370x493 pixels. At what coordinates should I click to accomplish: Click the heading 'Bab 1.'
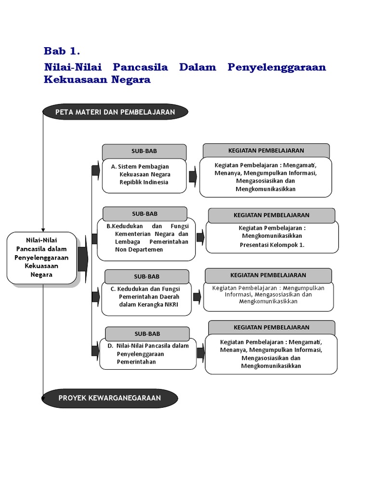click(62, 51)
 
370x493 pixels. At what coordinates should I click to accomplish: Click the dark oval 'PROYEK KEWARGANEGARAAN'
click(110, 398)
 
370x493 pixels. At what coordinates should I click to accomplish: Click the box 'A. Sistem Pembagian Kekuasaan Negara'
click(144, 175)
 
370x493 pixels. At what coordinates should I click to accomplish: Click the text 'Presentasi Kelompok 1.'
click(272, 245)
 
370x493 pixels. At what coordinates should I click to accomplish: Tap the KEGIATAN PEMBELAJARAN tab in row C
click(268, 275)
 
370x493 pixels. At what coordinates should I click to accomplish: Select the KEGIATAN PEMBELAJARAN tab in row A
click(266, 150)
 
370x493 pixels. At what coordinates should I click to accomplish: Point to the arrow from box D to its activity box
click(200, 352)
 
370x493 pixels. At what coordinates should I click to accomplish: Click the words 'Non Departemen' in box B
click(139, 250)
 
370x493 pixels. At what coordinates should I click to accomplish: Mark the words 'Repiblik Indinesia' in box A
click(144, 182)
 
